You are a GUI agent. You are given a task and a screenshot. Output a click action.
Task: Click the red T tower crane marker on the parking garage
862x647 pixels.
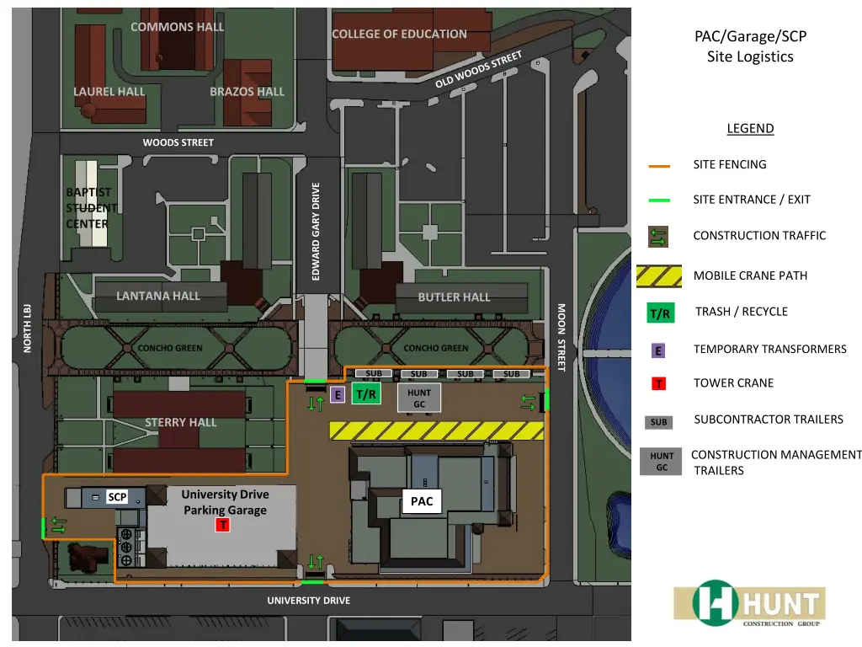point(222,525)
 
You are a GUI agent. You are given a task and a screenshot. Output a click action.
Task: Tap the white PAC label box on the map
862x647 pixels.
point(422,501)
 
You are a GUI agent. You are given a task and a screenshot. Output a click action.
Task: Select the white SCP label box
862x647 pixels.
point(117,497)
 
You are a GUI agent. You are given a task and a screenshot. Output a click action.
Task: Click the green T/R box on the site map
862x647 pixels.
point(366,393)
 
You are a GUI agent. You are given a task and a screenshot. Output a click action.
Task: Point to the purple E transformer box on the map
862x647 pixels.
point(338,394)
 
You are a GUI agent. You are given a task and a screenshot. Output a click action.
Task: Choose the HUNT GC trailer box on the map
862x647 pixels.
point(419,398)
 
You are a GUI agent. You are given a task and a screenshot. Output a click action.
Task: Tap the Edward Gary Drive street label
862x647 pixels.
point(317,232)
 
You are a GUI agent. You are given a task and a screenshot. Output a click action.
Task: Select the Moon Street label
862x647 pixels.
point(561,337)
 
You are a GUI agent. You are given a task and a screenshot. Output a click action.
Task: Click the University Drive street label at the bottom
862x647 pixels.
point(308,601)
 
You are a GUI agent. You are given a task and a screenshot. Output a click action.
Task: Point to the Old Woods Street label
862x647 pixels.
point(479,70)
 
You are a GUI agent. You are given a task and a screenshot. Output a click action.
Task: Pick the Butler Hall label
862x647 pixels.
point(454,297)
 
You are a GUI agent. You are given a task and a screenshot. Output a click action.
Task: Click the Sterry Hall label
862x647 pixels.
point(180,422)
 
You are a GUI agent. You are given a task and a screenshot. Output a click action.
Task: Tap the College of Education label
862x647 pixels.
point(399,35)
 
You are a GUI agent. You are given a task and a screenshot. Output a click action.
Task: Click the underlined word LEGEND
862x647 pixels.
point(750,129)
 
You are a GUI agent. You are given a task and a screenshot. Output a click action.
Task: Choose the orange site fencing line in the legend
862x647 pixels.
point(659,166)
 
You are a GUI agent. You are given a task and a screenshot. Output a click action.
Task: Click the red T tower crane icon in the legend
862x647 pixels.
point(659,384)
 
